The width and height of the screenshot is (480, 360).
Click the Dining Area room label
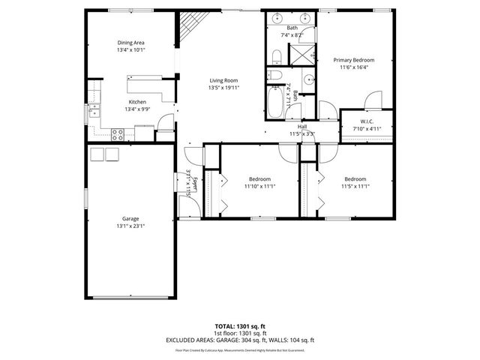(x=130, y=43)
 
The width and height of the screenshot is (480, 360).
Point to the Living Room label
(x=223, y=79)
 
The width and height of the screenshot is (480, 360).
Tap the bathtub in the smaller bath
(x=279, y=99)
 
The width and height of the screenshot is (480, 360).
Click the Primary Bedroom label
(x=353, y=60)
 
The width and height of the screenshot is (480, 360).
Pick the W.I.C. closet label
(x=367, y=121)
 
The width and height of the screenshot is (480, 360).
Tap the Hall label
(x=301, y=127)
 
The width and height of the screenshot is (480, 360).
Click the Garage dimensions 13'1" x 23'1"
(x=130, y=226)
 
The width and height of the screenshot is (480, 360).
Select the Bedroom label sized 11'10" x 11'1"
(x=259, y=179)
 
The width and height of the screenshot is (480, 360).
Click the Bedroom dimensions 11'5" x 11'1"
(x=355, y=187)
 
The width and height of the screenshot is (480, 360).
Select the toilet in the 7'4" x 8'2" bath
(x=275, y=56)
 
